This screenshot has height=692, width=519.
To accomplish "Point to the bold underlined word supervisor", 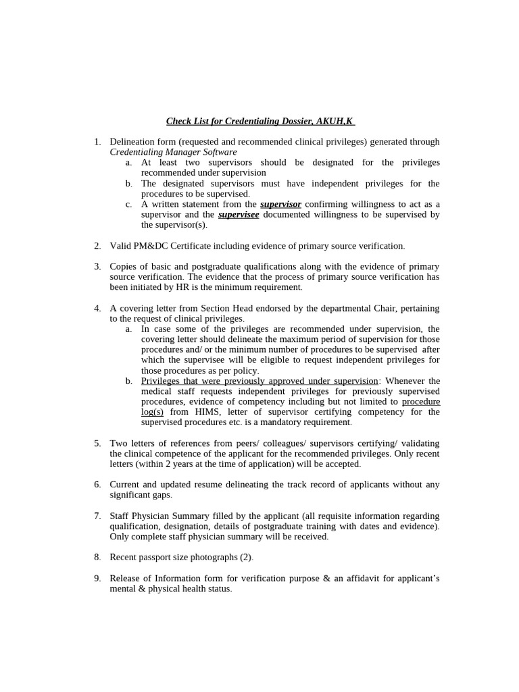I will point(280,204).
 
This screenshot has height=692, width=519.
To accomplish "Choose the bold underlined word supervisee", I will point(239,214).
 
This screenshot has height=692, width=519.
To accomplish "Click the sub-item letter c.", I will point(128,204).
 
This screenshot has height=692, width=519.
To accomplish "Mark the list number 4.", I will point(97,308).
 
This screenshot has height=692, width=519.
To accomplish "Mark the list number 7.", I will point(97,516).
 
